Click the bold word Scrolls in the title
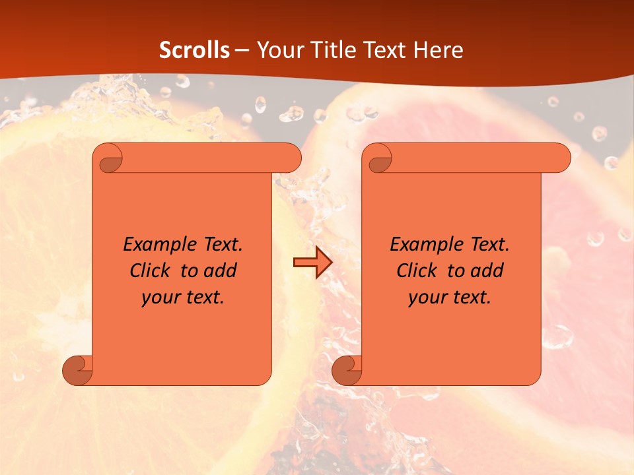[x=195, y=50]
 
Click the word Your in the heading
[x=277, y=50]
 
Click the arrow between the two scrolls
[x=312, y=263]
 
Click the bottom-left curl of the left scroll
[x=78, y=370]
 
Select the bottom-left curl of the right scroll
[x=347, y=370]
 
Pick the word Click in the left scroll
[x=149, y=271]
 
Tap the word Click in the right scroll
[x=415, y=271]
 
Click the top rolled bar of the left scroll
[x=205, y=158]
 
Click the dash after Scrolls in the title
[x=242, y=51]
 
